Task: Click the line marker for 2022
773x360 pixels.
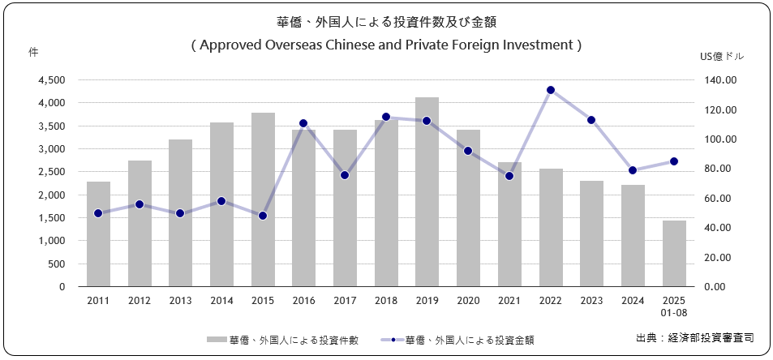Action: [x=550, y=90]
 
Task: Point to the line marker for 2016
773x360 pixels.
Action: [x=303, y=123]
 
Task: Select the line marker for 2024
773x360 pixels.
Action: [x=633, y=170]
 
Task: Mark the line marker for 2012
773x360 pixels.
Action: [x=140, y=204]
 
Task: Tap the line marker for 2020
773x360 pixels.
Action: [x=468, y=151]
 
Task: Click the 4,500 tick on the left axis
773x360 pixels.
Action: [x=53, y=80]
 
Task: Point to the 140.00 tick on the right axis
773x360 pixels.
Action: [x=719, y=80]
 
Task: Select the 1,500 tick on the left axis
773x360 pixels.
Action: [x=53, y=218]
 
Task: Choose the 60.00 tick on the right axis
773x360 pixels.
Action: [x=720, y=199]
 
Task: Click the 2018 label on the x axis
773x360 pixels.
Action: [x=385, y=300]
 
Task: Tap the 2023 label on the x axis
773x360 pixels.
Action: [x=591, y=300]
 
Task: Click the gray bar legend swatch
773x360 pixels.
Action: [x=217, y=340]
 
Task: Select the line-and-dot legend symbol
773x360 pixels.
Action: [x=392, y=340]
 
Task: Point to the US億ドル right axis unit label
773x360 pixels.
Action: [x=721, y=57]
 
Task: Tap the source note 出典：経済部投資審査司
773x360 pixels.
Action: [x=694, y=337]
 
